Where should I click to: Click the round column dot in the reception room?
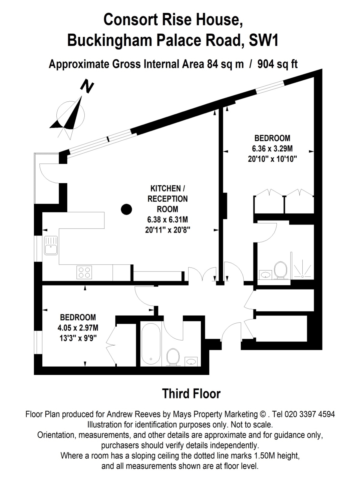pos(126,209)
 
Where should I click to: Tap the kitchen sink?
pos(51,245)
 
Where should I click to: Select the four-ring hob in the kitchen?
pos(84,272)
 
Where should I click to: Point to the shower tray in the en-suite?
pos(302,269)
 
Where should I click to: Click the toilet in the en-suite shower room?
pos(280,270)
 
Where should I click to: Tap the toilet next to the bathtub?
pos(173,358)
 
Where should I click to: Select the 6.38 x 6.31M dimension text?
pos(168,219)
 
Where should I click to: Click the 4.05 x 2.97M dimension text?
pos(78,328)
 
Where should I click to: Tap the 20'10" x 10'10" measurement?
pos(272,159)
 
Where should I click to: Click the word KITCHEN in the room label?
pos(166,188)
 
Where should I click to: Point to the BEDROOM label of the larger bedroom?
pos(272,138)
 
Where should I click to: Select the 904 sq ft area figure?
pos(277,64)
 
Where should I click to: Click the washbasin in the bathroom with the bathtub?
pos(191,361)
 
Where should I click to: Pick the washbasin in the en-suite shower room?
pos(266,275)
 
